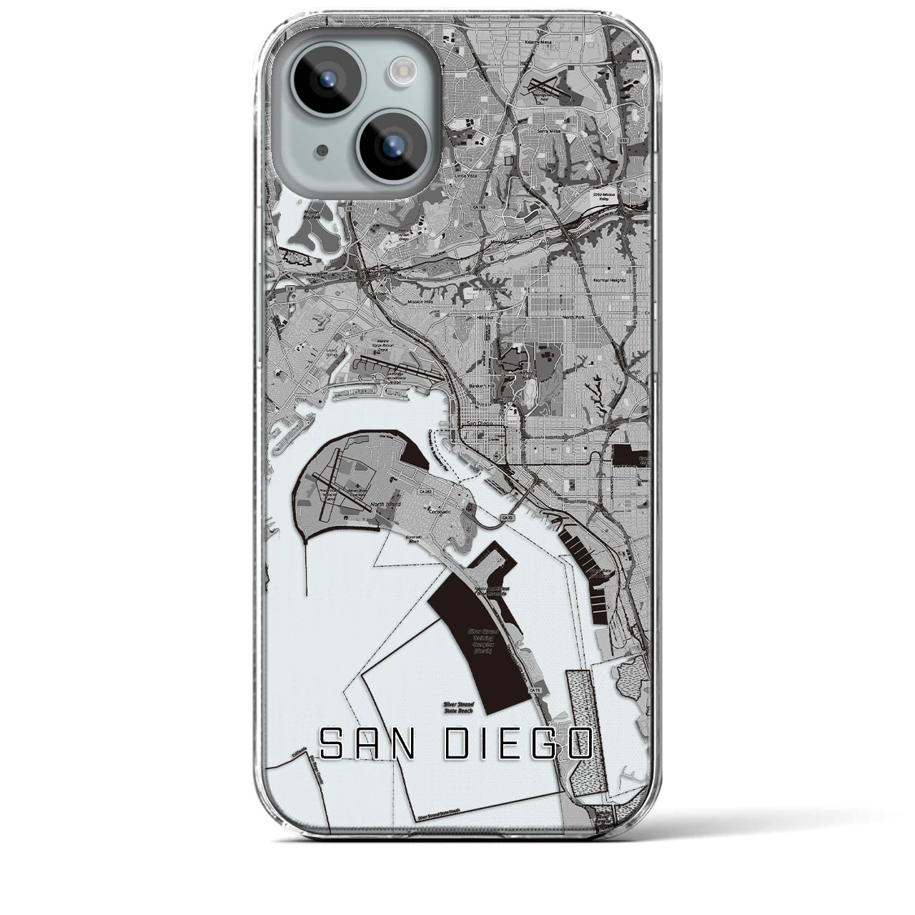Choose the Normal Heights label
[x=610, y=280]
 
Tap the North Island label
[x=387, y=504]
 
